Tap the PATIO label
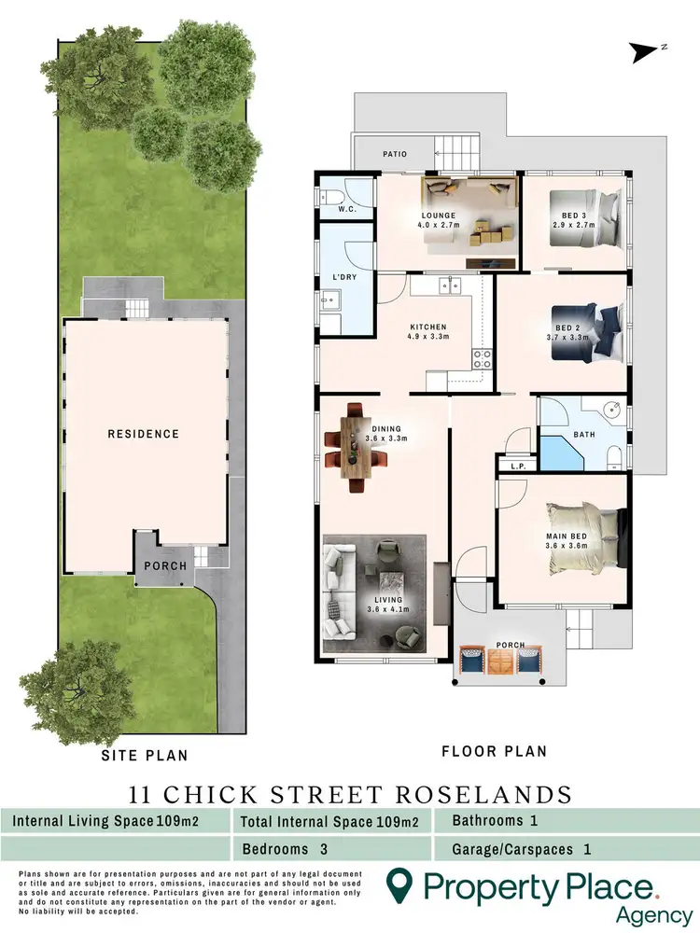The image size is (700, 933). (393, 154)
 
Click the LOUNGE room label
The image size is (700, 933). (437, 216)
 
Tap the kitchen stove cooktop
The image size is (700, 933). (483, 358)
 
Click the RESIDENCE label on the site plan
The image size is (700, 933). (143, 434)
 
